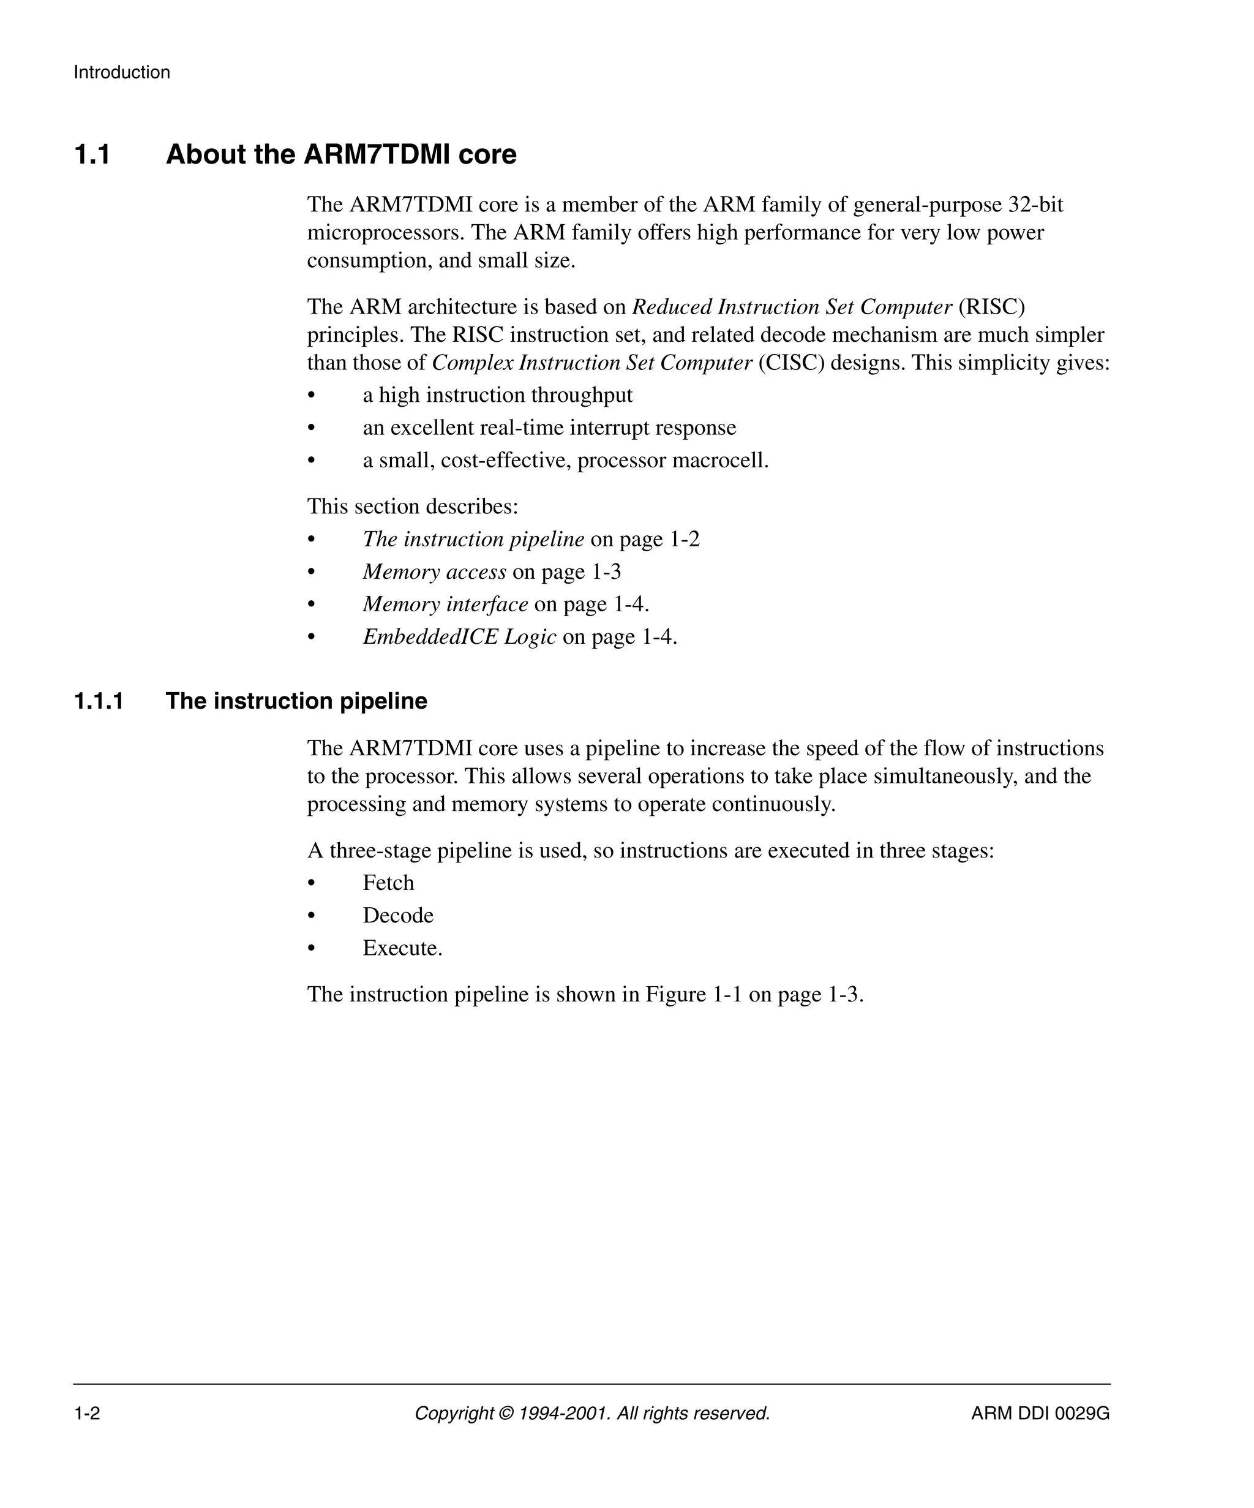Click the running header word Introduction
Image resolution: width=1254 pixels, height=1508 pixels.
coord(121,72)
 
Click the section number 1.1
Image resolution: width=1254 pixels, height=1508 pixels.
coord(92,155)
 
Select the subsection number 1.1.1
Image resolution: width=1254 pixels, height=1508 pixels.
coord(99,701)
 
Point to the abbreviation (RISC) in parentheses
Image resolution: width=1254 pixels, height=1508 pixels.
coord(991,307)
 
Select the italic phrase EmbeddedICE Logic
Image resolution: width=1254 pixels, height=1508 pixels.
coord(459,637)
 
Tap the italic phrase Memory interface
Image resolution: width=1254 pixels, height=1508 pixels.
coord(445,604)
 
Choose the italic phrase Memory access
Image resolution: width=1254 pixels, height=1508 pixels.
coord(434,571)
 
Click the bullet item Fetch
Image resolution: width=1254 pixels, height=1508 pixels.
coord(388,883)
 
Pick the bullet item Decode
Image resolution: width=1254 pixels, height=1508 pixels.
coord(397,916)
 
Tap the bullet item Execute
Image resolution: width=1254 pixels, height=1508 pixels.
coord(402,948)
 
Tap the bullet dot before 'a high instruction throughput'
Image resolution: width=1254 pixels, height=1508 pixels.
coord(312,396)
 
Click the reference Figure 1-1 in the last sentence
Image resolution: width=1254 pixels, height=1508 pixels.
coord(693,995)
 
